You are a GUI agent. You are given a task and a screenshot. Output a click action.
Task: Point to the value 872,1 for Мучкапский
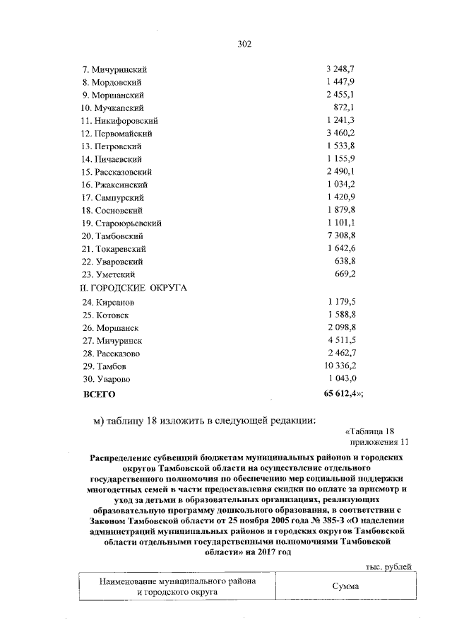click(x=343, y=107)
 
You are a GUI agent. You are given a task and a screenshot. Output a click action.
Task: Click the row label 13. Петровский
click(x=116, y=146)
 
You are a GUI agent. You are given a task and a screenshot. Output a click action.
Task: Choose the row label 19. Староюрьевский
click(x=124, y=223)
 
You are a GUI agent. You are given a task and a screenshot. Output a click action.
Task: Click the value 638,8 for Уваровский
click(x=343, y=261)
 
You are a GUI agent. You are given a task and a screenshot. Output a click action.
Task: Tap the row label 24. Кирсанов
click(x=109, y=303)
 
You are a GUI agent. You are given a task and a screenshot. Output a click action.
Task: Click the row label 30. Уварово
click(x=108, y=380)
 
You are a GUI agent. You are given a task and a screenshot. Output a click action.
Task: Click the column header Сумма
click(x=346, y=586)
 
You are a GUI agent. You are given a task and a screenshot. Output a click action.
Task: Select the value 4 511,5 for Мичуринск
click(x=340, y=341)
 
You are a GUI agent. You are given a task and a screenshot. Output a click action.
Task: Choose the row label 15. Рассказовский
click(x=121, y=172)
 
